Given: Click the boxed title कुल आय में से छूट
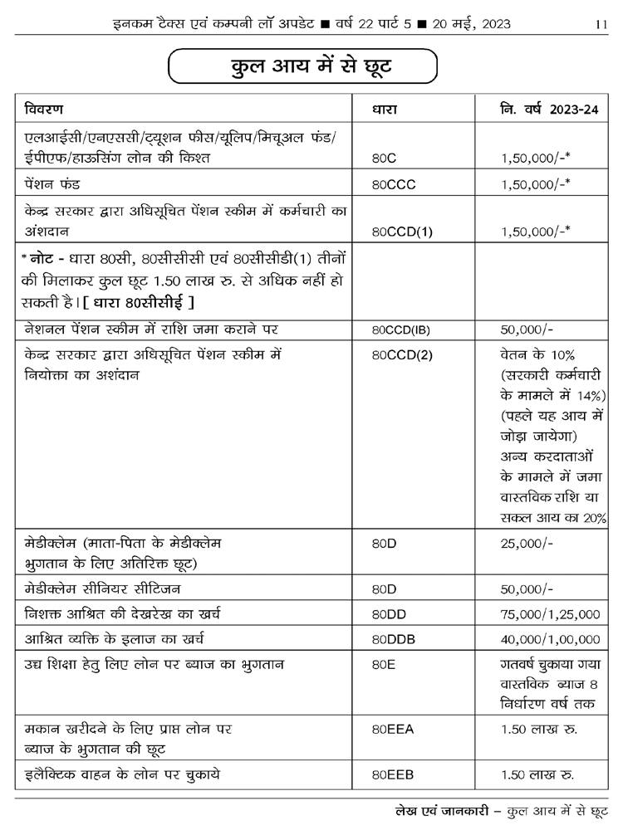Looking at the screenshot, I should click(x=302, y=66).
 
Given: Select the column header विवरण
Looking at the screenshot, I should click(x=44, y=110).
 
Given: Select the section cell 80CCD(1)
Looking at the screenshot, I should click(x=403, y=232).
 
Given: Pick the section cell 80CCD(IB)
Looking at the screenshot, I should click(x=401, y=329).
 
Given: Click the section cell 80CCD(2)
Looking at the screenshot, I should click(x=403, y=354).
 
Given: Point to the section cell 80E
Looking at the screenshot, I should click(x=385, y=666).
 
